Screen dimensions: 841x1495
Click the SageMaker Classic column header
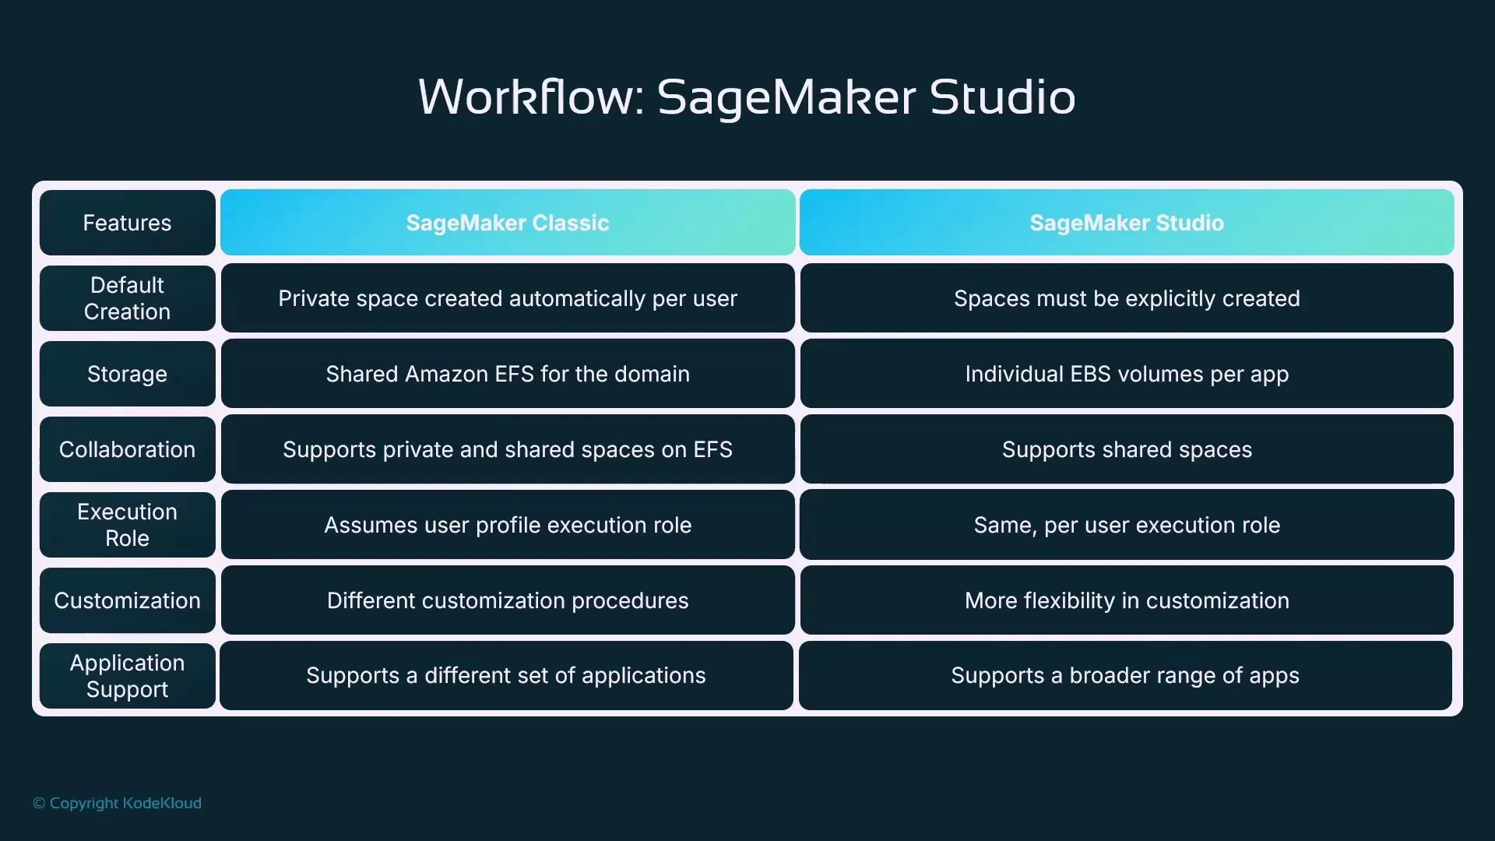[x=508, y=223]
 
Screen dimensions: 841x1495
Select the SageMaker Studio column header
[x=1127, y=223]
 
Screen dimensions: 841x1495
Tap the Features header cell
[x=127, y=223]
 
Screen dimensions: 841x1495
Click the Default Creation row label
[x=127, y=298]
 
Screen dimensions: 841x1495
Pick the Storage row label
[x=127, y=374]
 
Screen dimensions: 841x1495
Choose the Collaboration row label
[x=127, y=449]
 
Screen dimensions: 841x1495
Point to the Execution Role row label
[x=127, y=525]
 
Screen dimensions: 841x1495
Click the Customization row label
[x=127, y=600]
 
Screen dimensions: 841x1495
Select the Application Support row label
[x=127, y=676]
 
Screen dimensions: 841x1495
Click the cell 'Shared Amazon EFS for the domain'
[x=508, y=374]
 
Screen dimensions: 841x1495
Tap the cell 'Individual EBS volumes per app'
[x=1127, y=374]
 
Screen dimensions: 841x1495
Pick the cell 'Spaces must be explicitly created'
[x=1127, y=298]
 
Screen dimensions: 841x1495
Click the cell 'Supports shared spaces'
[x=1127, y=449]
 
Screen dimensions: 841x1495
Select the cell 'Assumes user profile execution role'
[x=508, y=525]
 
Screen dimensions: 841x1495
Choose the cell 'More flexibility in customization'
[x=1127, y=600]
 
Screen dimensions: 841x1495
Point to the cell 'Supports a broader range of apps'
[x=1125, y=676]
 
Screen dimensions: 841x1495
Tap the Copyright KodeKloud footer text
[x=117, y=803]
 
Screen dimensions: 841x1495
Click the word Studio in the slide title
[x=1002, y=97]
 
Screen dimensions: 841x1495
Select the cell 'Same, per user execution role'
[x=1127, y=525]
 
